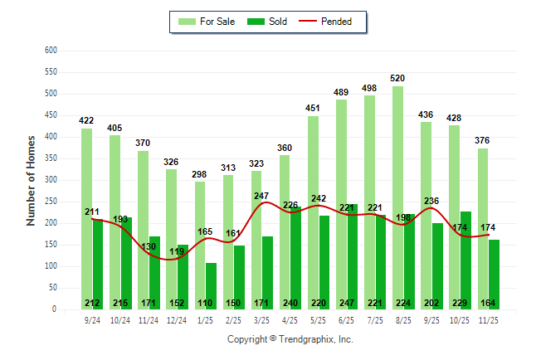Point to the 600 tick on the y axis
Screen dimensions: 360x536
(x=51, y=51)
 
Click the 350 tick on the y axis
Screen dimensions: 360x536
(x=51, y=158)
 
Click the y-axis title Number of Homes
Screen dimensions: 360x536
(x=31, y=180)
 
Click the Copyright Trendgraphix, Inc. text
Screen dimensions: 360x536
(x=290, y=339)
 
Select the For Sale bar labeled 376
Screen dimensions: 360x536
(x=482, y=228)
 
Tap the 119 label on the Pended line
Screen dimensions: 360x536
(x=176, y=251)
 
